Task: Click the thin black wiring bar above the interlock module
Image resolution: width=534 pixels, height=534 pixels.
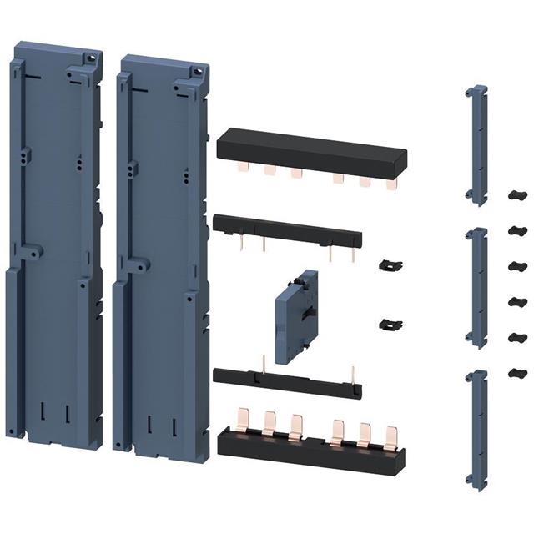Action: coord(288,230)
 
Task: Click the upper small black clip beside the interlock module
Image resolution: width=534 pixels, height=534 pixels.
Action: coord(385,264)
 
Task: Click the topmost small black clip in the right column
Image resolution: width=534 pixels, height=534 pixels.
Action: coord(516,194)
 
